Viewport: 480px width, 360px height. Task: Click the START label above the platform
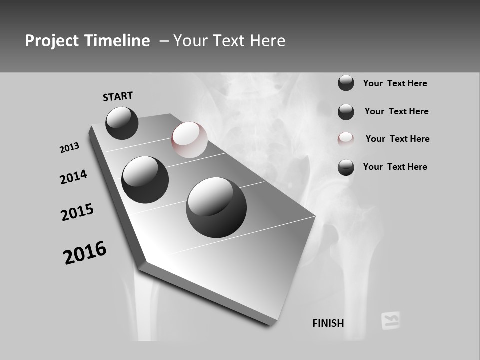118,96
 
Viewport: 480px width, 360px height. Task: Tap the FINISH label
328,323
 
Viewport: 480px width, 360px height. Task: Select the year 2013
70,148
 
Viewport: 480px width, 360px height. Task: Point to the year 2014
74,177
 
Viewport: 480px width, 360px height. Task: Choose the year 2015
77,212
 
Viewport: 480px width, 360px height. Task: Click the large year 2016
85,252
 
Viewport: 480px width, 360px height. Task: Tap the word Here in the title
265,41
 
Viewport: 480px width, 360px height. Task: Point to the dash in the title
164,41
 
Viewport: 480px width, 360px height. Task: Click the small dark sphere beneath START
122,123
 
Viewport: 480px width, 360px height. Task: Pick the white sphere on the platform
189,140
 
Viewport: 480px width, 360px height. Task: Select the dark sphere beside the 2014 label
145,179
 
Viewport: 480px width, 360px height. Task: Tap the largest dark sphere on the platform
216,207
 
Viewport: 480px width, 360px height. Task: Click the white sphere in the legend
346,139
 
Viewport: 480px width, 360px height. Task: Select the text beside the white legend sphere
397,139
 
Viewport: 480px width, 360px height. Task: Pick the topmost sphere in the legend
346,83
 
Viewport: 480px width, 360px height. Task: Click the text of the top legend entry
395,83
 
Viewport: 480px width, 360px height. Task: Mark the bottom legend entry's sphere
346,167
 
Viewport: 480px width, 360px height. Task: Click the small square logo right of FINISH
390,320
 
